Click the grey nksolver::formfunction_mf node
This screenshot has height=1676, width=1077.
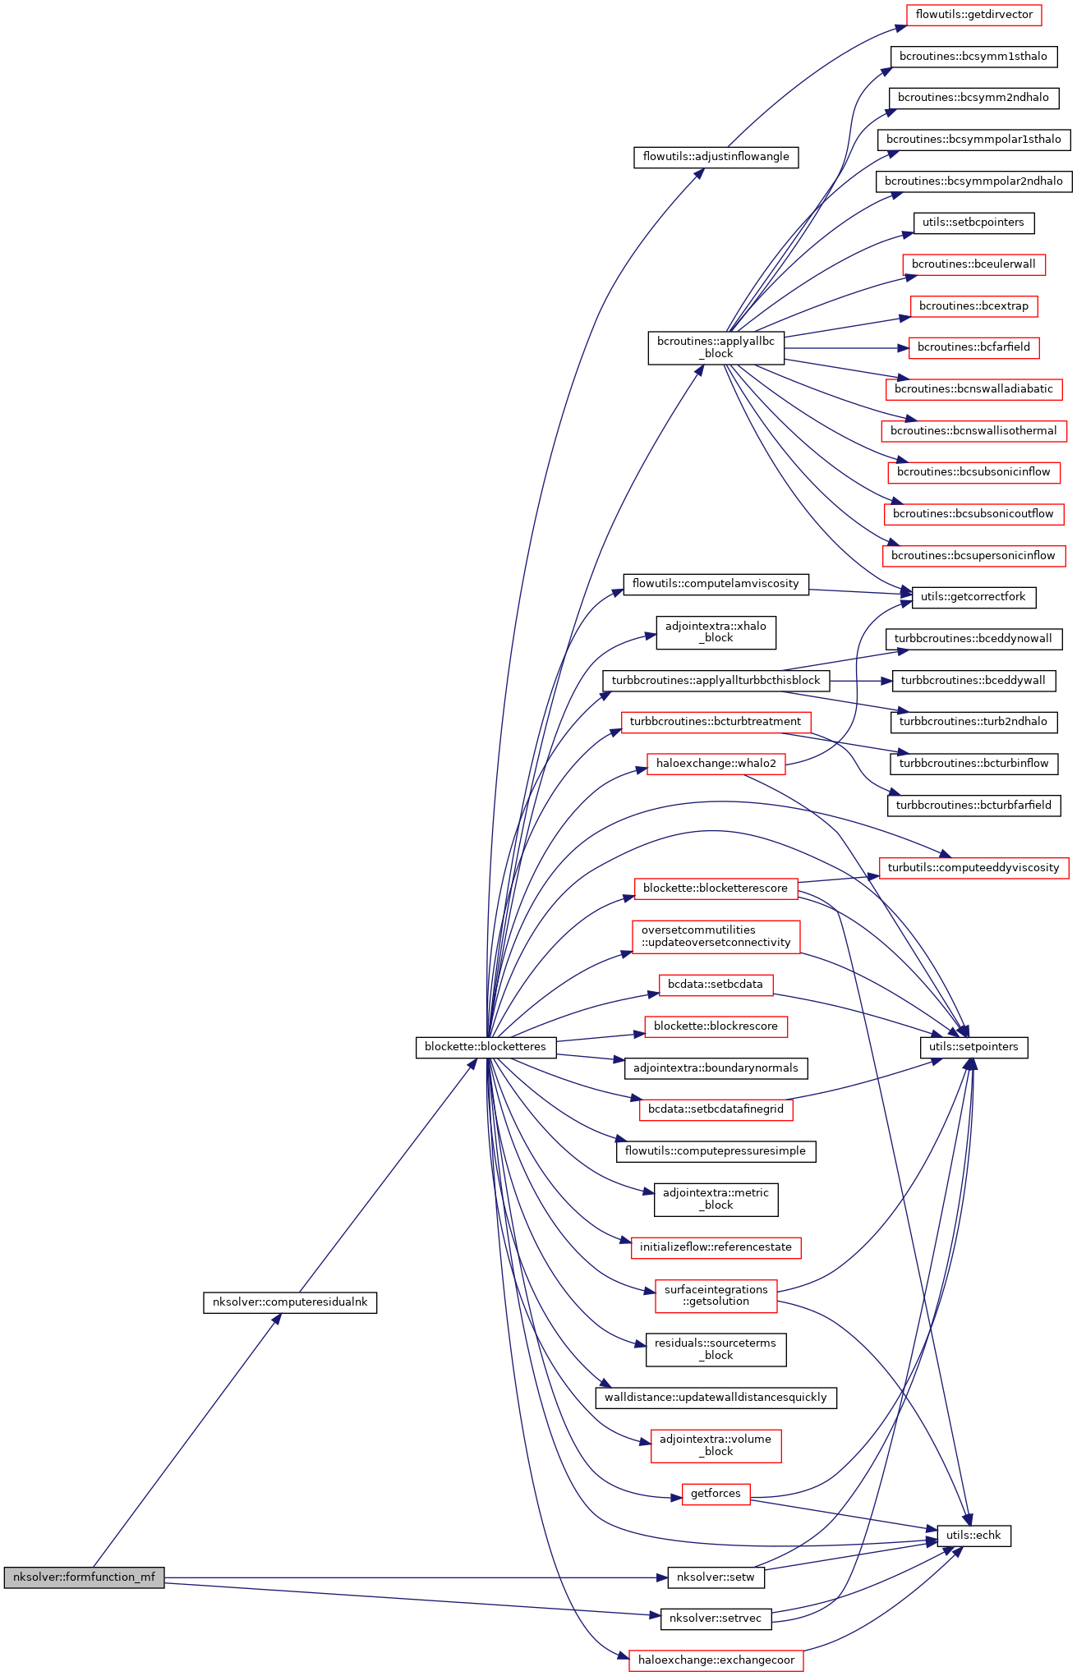click(84, 1577)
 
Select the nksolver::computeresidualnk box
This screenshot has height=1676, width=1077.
click(290, 1302)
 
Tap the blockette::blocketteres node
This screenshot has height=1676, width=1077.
click(486, 1047)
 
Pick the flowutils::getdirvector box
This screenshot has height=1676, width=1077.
click(974, 15)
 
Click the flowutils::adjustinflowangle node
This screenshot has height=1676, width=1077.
click(716, 157)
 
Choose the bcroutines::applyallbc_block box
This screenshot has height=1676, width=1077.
click(716, 348)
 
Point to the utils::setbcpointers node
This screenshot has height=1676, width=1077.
click(973, 223)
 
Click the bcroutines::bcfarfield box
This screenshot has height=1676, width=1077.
click(973, 347)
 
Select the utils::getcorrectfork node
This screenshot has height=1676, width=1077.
click(973, 597)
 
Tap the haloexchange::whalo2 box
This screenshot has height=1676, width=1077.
click(716, 764)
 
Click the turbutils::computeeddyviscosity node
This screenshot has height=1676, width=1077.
click(973, 868)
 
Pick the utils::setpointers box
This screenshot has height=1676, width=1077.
click(973, 1047)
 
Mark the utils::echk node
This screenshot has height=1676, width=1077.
click(973, 1535)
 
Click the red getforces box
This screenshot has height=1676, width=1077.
click(716, 1494)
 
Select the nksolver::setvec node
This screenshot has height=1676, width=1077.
click(716, 1619)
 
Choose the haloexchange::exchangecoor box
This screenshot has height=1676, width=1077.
click(716, 1660)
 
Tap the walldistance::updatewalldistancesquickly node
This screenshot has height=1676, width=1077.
click(716, 1398)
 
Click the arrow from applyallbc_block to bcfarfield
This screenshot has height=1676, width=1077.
click(846, 348)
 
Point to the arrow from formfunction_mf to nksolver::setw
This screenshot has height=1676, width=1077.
click(411, 1577)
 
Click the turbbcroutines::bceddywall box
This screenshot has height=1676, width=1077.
click(973, 681)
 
